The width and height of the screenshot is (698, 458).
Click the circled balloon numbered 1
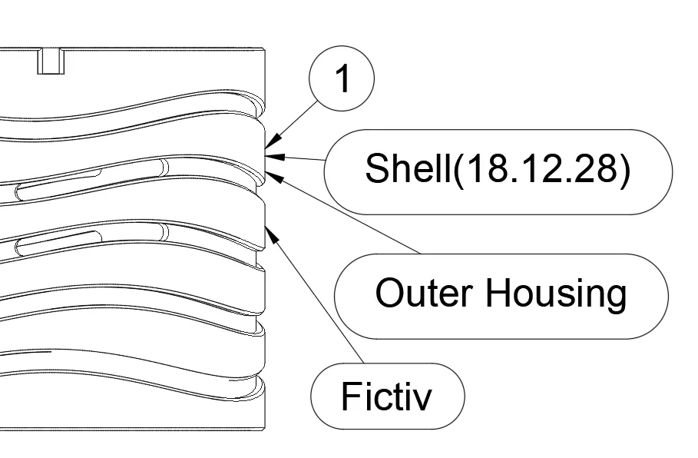342,78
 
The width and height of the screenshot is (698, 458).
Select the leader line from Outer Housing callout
346,214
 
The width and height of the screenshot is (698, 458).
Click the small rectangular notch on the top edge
49,61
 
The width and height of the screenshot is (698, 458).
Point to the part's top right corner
265,48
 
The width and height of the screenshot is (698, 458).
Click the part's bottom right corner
265,428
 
